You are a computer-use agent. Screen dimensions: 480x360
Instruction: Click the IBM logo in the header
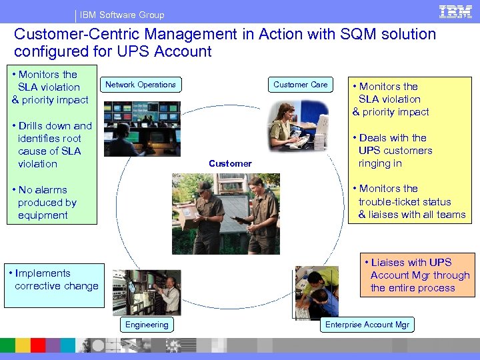point(455,11)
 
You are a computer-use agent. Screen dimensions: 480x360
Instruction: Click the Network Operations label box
point(141,85)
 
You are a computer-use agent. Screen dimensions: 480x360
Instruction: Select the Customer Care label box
point(300,85)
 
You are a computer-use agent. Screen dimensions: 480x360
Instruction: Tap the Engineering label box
point(147,325)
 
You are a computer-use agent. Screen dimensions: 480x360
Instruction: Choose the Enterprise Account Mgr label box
point(367,325)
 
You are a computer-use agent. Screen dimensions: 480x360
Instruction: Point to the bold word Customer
point(230,163)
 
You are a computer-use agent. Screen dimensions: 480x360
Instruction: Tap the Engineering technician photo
point(147,291)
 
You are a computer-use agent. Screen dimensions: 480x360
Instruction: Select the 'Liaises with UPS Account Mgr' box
point(418,275)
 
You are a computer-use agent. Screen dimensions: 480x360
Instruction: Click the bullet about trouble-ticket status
point(408,201)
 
